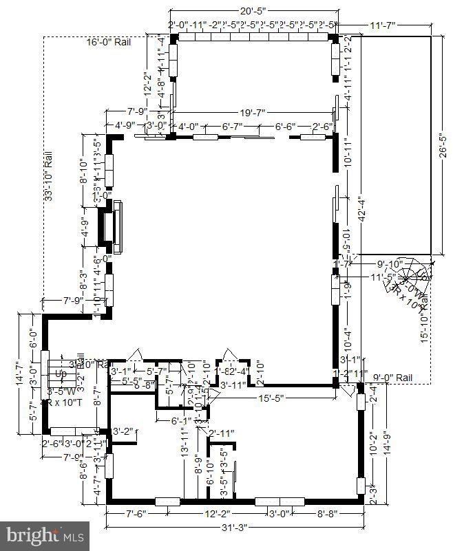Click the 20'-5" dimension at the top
pyautogui.click(x=253, y=11)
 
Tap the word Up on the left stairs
pyautogui.click(x=61, y=374)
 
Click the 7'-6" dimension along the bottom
pyautogui.click(x=134, y=513)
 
